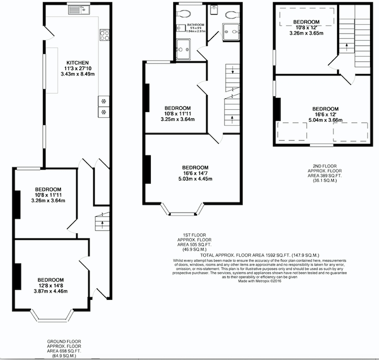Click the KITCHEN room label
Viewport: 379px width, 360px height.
pos(77,63)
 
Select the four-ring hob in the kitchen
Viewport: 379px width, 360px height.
pos(104,35)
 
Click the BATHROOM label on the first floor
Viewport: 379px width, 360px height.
pos(196,25)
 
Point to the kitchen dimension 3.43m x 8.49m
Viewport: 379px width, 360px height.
pos(77,74)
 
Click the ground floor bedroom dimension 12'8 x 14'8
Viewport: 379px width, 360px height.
pos(51,286)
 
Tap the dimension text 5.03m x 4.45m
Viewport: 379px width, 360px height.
pos(195,179)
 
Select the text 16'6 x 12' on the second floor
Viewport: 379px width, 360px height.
pos(325,114)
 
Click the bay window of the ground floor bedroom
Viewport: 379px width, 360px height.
pos(52,316)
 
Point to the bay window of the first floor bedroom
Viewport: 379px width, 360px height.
pos(183,209)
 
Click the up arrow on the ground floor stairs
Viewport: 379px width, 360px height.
pos(102,224)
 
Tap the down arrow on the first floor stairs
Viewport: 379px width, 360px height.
pos(232,70)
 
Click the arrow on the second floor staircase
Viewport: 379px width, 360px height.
pos(347,47)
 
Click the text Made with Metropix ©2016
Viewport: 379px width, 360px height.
pos(260,281)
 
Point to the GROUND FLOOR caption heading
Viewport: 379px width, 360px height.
pos(64,341)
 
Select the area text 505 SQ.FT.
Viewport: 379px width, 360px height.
pos(199,244)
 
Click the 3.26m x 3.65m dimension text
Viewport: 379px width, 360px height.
pos(306,33)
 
